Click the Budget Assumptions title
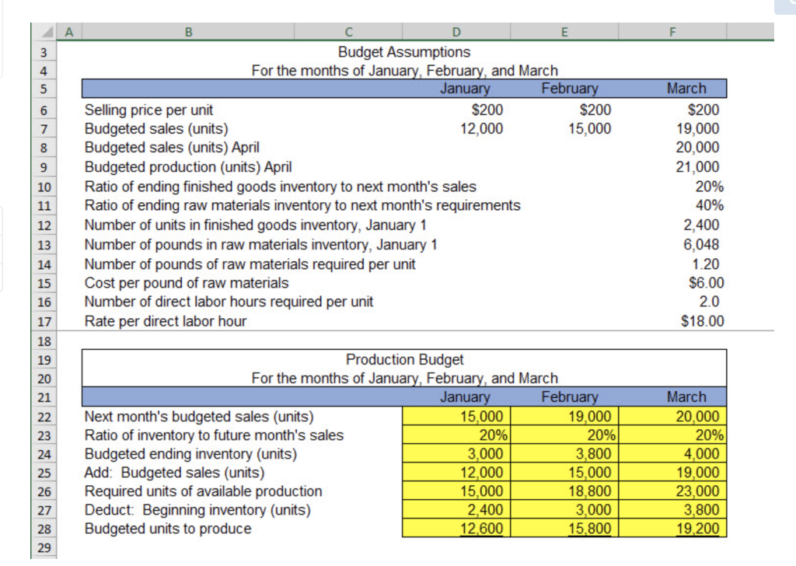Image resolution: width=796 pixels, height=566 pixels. click(404, 52)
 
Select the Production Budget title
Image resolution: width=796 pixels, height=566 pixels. click(404, 360)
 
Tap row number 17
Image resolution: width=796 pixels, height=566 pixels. click(44, 322)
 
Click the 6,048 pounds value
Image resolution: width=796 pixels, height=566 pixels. click(703, 244)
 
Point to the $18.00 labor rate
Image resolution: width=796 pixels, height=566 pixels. click(702, 321)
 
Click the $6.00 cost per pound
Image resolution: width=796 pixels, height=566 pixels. click(705, 283)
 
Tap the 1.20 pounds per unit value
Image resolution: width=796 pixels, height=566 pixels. click(708, 264)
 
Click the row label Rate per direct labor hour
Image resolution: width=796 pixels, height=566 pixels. click(166, 321)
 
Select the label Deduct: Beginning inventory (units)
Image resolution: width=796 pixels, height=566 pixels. click(197, 510)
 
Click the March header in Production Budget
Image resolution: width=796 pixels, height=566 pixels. click(686, 397)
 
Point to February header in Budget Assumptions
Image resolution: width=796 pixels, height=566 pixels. click(569, 89)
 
